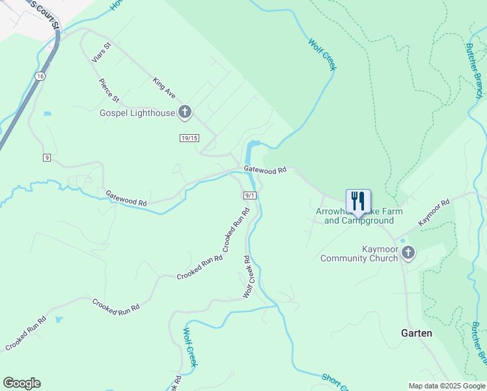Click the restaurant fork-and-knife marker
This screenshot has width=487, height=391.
coord(358,199)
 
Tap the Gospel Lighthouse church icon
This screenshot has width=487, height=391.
coord(185,113)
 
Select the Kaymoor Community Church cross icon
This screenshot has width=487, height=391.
coord(408,253)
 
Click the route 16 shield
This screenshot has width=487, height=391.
coord(40,76)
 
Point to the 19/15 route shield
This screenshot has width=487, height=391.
coord(189,138)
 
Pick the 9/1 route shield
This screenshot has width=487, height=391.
coord(250,195)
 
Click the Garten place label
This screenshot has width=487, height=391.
coord(416,333)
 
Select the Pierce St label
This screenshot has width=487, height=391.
coord(109,91)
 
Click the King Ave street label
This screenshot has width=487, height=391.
coord(164,89)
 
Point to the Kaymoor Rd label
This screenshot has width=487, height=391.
coord(434,213)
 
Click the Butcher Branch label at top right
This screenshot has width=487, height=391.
coord(475,71)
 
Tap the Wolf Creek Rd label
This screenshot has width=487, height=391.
coord(247,277)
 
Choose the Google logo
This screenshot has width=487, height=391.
coord(21,383)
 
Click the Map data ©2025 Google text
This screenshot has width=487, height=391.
coord(446,386)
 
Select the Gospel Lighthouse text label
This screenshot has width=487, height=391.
coord(137,113)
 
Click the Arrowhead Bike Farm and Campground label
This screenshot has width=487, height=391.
coord(359,216)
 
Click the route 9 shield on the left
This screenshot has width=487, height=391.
coord(47,158)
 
